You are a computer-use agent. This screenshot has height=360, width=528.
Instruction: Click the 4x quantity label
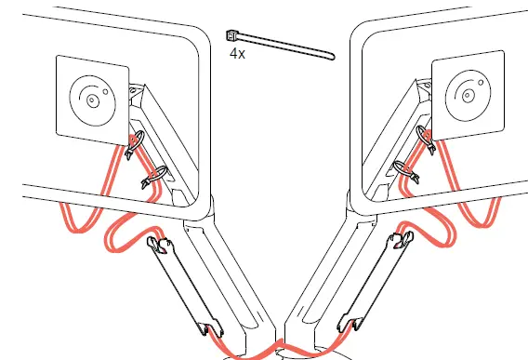click(237, 54)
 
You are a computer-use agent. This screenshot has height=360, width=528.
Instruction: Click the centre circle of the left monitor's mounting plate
click(92, 97)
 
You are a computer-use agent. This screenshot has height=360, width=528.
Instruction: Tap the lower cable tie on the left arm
click(153, 176)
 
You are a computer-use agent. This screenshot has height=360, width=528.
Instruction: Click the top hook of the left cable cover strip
click(160, 246)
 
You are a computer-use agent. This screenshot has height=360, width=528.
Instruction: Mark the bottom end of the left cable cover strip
click(205, 327)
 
